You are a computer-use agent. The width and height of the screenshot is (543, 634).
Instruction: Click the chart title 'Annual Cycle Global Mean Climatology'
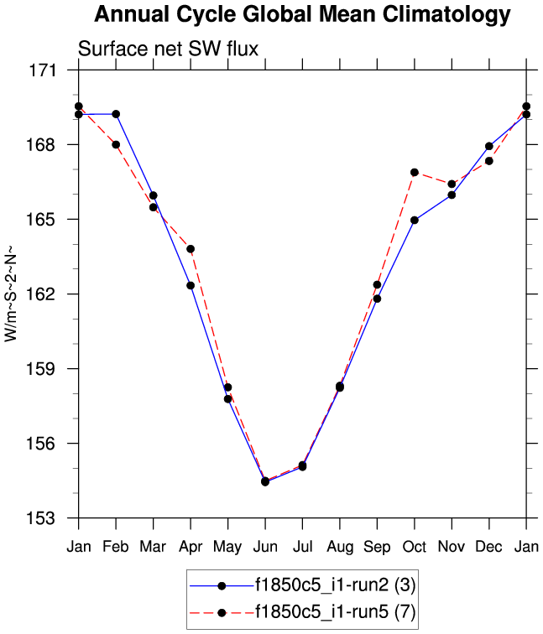[302, 15]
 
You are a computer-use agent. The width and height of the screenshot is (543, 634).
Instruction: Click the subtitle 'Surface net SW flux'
[168, 49]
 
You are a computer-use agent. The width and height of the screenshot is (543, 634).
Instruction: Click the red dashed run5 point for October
[415, 172]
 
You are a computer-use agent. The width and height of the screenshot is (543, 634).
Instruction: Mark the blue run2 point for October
[415, 220]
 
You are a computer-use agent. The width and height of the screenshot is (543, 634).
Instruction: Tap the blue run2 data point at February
[116, 114]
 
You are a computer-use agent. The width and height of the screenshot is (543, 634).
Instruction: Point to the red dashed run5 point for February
[116, 144]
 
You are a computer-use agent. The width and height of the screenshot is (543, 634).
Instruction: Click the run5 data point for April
[191, 249]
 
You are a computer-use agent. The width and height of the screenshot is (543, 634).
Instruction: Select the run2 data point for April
[191, 285]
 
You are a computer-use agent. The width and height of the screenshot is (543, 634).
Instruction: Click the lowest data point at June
[265, 481]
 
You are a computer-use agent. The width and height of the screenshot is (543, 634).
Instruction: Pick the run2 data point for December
[489, 146]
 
